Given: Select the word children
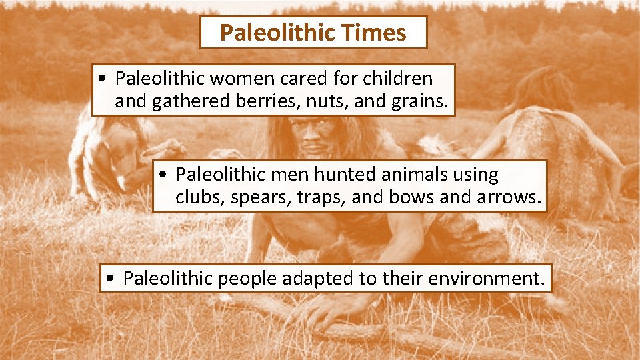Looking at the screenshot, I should coord(398,79).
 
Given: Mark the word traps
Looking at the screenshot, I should coord(317,198).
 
